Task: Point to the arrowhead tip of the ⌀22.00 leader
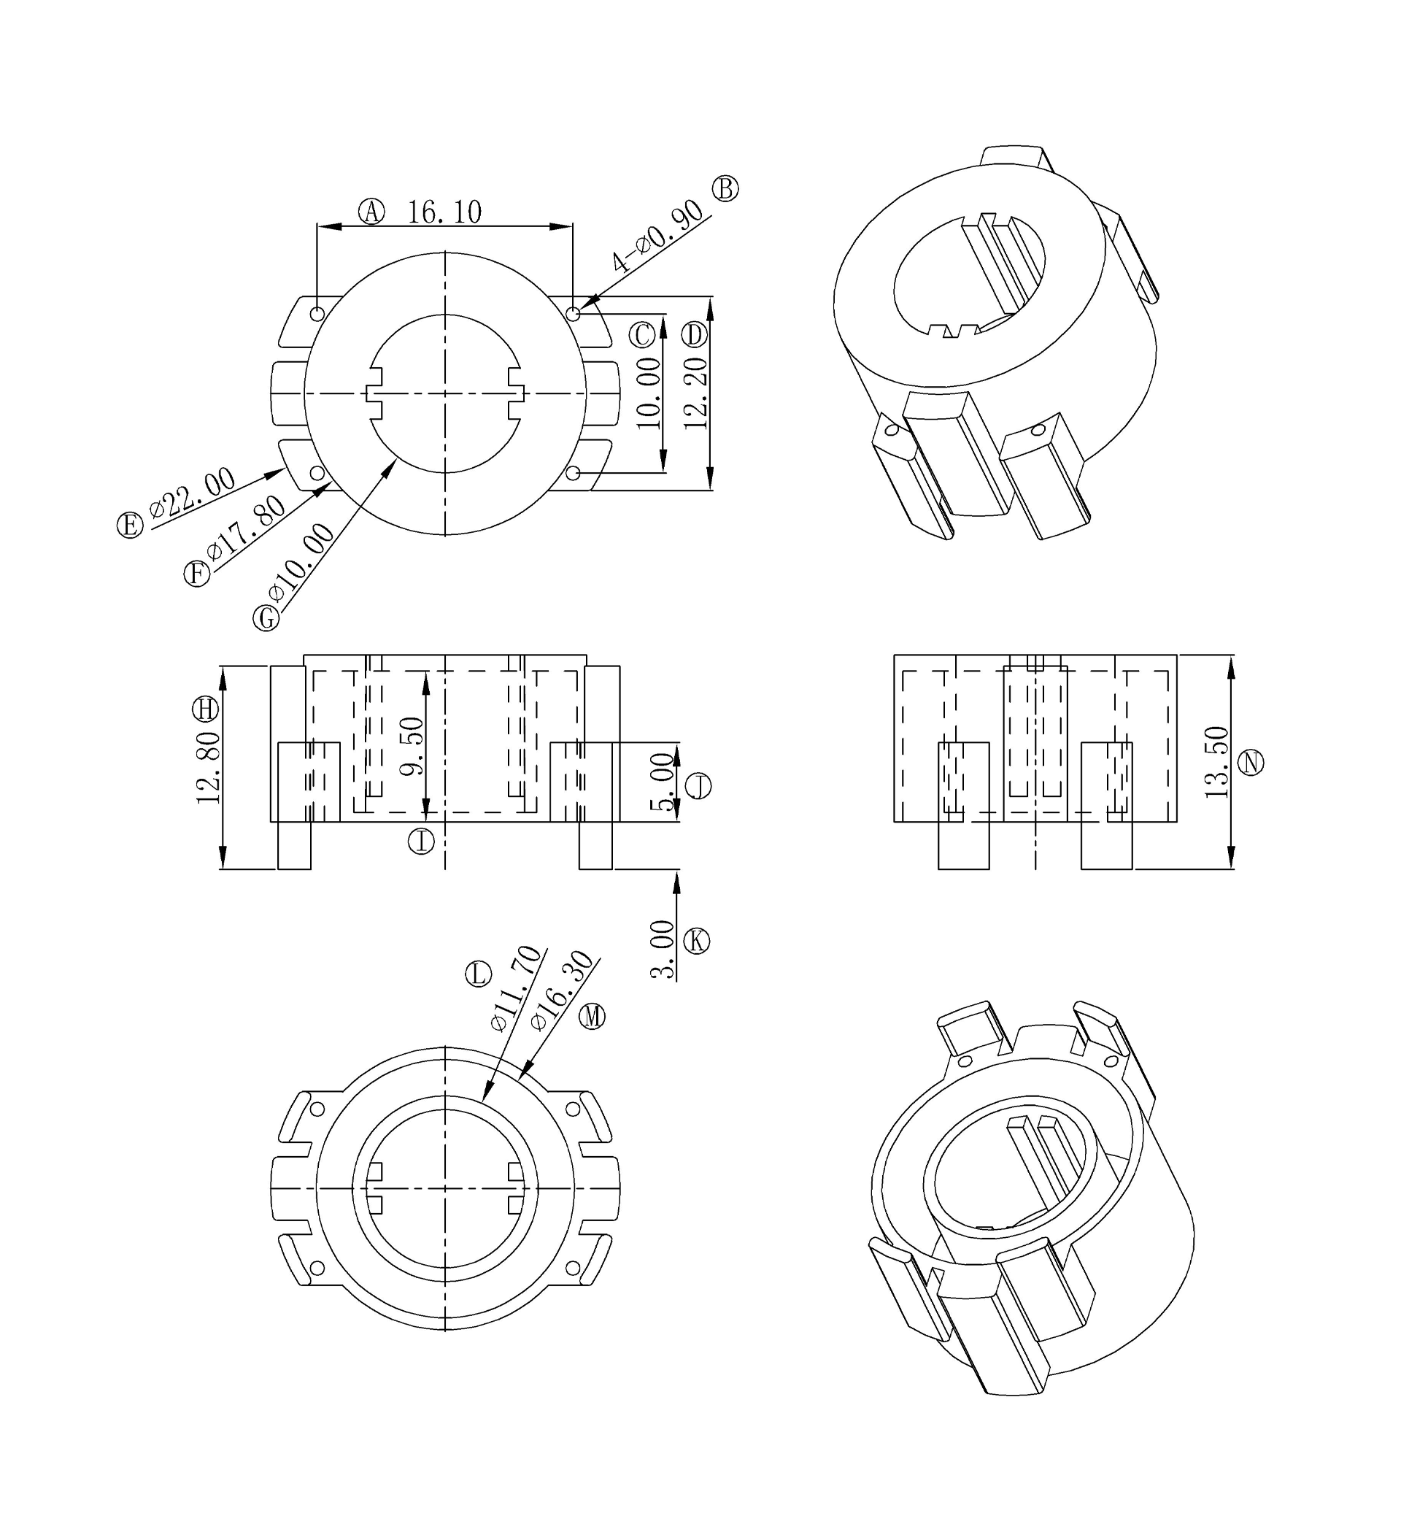pos(286,469)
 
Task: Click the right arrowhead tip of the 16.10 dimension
pos(572,226)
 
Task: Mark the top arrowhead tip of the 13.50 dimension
pos(1230,655)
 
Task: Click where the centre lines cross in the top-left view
pos(445,393)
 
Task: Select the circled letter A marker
pos(371,212)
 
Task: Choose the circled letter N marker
pos(1251,762)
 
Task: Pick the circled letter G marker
pos(266,618)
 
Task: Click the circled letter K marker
pos(696,941)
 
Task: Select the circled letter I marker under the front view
pos(422,841)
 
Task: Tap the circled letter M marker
pos(592,1016)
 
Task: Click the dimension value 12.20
pos(696,393)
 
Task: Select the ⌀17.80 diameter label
pos(247,528)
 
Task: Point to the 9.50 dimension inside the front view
pos(412,747)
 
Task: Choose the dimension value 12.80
pos(208,768)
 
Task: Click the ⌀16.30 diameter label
pos(562,990)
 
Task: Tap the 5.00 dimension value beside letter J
pos(663,782)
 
